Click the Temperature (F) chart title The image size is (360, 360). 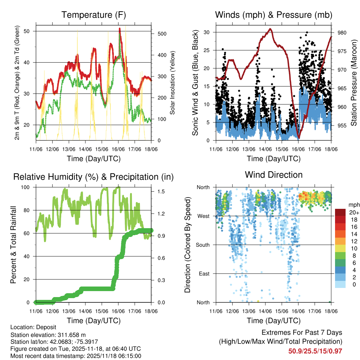pos(94,15)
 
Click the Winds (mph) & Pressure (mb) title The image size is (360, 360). pos(274,15)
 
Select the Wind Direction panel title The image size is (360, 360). pos(274,175)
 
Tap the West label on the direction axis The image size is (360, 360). pos(203,216)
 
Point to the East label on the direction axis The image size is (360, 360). pos(204,274)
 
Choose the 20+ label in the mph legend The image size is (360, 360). pos(353,212)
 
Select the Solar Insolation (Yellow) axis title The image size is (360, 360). pos(172,83)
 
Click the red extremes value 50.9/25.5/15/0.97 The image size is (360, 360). pos(315,351)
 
